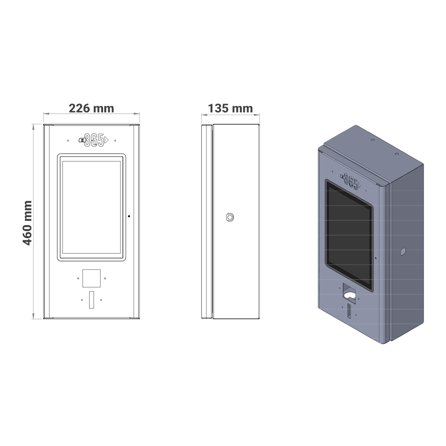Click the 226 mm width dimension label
click(91, 108)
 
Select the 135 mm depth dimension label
click(230, 108)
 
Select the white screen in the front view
click(91, 207)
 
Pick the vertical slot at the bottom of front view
click(91, 299)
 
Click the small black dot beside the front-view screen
click(129, 216)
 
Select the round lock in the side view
click(230, 217)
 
